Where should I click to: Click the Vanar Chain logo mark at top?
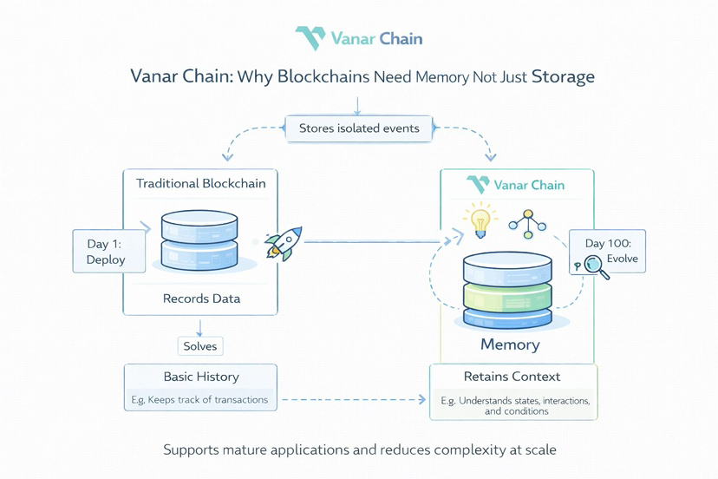310,38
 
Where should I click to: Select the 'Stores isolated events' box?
359,128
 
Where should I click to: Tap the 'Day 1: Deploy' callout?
108,252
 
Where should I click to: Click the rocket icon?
283,243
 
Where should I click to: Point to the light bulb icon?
479,220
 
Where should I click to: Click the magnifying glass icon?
597,266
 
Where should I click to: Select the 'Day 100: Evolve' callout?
608,252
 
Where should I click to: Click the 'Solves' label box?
200,346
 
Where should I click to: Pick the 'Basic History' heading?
200,377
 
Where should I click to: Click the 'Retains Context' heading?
512,377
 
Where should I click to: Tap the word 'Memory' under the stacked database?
510,344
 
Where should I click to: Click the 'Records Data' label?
200,299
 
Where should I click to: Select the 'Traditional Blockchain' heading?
200,183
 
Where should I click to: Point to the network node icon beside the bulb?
527,223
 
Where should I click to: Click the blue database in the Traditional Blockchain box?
200,240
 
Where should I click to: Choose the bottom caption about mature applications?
359,450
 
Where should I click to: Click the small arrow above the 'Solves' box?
200,327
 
